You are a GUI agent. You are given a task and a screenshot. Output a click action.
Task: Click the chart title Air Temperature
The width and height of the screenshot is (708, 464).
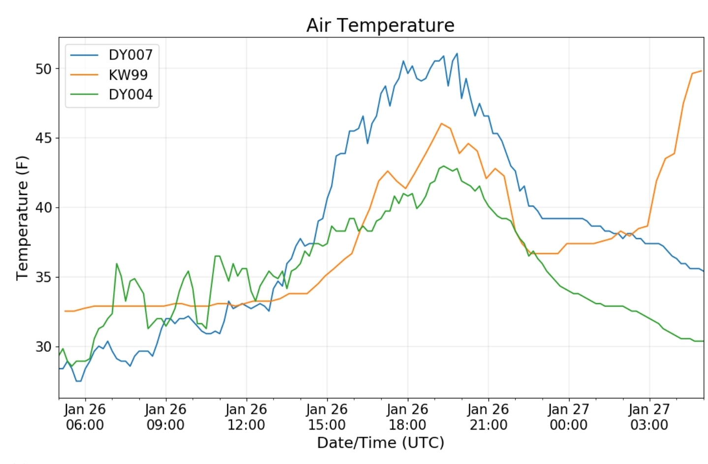click(380, 25)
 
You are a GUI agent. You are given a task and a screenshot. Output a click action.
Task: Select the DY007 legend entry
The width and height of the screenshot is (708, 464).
click(130, 55)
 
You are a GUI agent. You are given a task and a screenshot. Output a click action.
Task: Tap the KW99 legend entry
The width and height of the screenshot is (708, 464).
click(128, 75)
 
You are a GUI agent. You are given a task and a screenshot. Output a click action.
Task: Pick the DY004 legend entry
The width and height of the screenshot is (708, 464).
click(130, 94)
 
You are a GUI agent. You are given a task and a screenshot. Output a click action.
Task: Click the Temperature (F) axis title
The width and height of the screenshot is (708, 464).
click(22, 217)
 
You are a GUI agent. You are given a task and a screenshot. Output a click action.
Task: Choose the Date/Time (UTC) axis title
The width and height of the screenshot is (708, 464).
click(380, 443)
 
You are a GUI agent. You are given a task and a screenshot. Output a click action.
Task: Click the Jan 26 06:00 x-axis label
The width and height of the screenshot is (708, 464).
click(85, 417)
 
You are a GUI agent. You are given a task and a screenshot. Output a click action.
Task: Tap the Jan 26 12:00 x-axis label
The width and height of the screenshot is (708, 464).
click(246, 417)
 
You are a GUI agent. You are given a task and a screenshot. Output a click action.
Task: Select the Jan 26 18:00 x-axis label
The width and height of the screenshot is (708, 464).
click(407, 417)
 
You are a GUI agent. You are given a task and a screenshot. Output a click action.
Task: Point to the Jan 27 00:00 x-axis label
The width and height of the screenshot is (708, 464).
click(569, 417)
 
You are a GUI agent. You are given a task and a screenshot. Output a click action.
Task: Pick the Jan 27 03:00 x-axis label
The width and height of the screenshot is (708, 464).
click(649, 417)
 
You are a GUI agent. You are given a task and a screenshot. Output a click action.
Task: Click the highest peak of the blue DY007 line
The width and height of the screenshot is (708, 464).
click(457, 54)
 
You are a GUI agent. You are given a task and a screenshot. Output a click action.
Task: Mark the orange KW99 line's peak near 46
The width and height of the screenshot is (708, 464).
click(441, 124)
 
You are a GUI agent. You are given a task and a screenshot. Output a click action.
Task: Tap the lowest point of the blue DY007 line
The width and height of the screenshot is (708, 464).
click(78, 381)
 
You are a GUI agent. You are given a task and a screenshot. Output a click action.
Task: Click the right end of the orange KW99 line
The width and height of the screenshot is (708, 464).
click(701, 71)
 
